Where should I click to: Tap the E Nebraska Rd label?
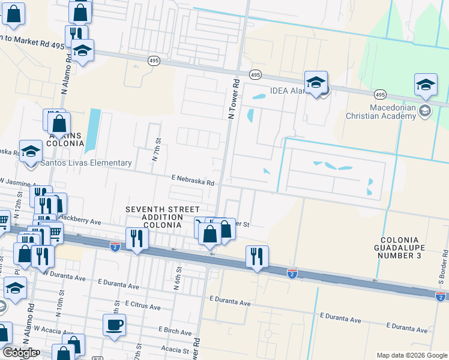coord(193,179)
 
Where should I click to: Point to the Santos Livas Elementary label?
coord(86,163)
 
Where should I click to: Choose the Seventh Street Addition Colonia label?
coord(153,217)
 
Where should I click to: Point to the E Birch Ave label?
coord(175,331)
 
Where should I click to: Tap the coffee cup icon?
coord(114,325)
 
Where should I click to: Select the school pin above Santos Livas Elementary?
coord(30,151)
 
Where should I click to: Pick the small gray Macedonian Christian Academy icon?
coord(425,110)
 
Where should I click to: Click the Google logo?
coord(19,353)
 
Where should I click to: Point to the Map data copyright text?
coord(411,355)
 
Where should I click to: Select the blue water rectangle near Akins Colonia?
coord(92,130)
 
